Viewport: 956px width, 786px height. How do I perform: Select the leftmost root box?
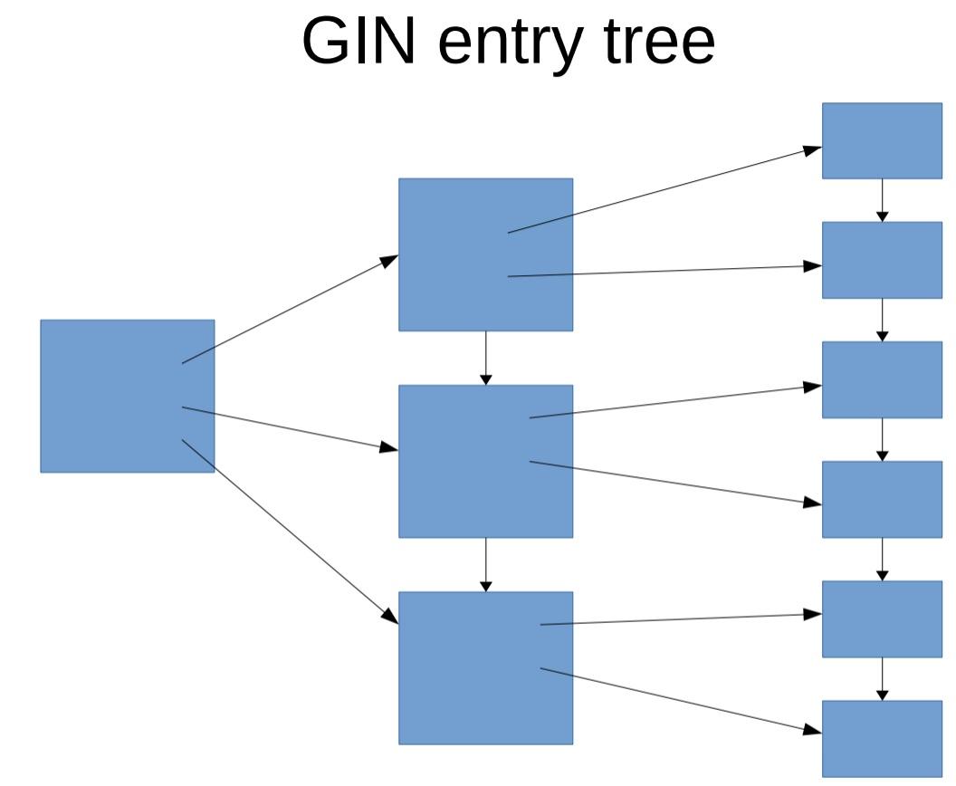coord(127,396)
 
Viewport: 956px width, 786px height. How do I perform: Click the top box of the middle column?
coord(485,254)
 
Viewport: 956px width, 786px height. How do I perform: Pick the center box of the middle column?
coord(485,461)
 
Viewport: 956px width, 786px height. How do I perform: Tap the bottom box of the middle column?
coord(485,667)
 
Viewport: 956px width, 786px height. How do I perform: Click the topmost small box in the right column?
coord(881,140)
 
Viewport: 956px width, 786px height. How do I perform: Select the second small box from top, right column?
coord(881,260)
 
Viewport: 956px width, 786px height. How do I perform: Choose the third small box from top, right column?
coord(881,379)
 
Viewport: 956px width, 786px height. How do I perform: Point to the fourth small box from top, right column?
coord(881,499)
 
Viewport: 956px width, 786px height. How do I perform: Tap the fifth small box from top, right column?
coord(881,618)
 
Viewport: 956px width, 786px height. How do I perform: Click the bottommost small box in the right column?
coord(881,738)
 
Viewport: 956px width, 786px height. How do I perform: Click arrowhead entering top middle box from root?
coord(389,260)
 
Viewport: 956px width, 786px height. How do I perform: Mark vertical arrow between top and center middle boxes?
coord(486,358)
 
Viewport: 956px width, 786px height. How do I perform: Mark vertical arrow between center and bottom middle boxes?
coord(486,564)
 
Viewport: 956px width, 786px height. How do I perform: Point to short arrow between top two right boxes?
coord(883,200)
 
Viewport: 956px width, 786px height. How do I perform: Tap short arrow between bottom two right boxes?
coord(883,678)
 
